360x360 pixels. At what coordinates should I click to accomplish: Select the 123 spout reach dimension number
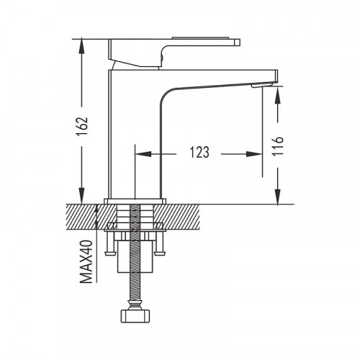(199, 152)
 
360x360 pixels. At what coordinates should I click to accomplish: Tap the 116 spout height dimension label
(278, 146)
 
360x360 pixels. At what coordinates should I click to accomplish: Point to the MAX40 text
(86, 262)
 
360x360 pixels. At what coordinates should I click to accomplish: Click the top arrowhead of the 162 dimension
(82, 46)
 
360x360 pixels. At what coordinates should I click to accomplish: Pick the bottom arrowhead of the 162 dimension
(82, 196)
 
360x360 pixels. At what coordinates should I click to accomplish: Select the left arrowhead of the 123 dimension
(143, 154)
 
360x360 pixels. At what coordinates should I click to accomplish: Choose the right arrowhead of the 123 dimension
(254, 154)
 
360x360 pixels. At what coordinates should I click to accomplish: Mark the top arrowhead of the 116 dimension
(278, 95)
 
